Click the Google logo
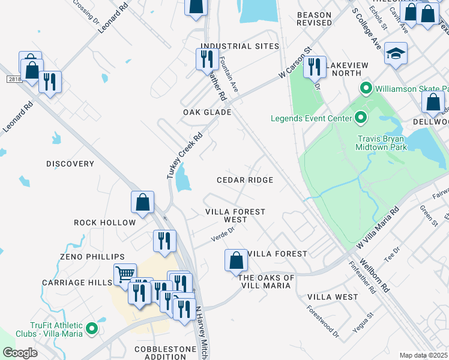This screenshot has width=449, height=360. click(20, 353)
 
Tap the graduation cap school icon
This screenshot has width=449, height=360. click(396, 54)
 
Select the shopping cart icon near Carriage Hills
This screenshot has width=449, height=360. click(125, 275)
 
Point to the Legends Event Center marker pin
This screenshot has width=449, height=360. click(360, 118)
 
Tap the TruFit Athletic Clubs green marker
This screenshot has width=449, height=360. click(91, 328)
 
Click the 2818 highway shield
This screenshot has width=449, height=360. click(14, 79)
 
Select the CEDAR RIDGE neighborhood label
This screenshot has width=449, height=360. click(245, 180)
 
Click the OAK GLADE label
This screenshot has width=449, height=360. click(207, 112)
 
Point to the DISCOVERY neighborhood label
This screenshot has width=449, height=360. click(70, 164)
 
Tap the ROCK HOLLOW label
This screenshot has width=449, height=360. click(104, 223)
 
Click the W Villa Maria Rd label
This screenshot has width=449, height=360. click(377, 229)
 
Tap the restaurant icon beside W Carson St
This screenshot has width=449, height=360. click(314, 67)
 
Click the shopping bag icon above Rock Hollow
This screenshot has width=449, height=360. click(143, 203)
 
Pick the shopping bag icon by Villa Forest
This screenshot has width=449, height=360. click(236, 261)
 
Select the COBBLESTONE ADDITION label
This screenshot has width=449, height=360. click(165, 353)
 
